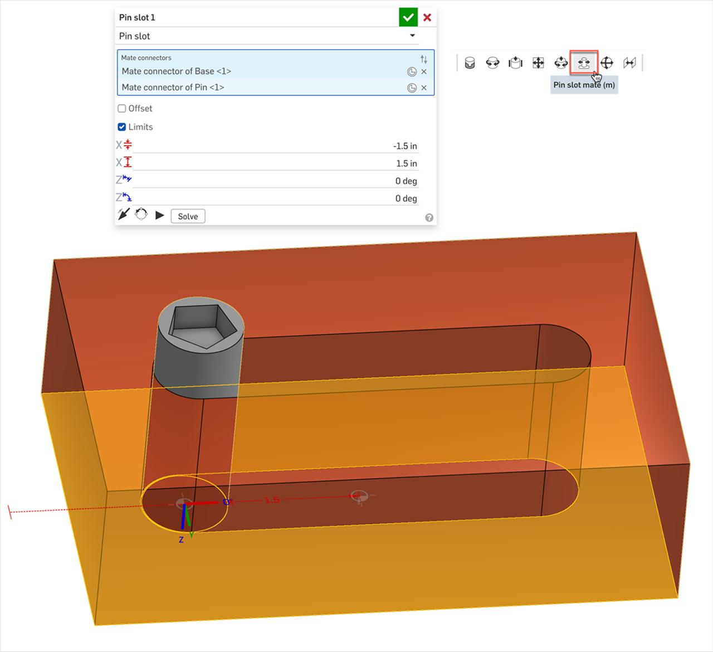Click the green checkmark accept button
click(x=408, y=17)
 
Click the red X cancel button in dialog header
click(x=427, y=17)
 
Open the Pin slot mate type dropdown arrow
click(x=412, y=36)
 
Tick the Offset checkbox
click(x=122, y=109)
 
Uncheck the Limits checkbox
click(x=122, y=127)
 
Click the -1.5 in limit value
click(x=404, y=146)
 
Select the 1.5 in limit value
click(x=406, y=163)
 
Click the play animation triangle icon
click(x=160, y=216)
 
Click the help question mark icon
click(x=429, y=218)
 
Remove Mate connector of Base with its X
click(x=424, y=72)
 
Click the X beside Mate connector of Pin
click(x=424, y=87)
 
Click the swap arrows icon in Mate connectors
click(x=424, y=59)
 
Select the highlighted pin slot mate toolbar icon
click(x=584, y=62)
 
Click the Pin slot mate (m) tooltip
click(x=584, y=85)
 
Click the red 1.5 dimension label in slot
click(x=272, y=500)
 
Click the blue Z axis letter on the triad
click(x=181, y=540)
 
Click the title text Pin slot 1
click(x=137, y=17)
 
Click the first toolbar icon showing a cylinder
click(x=470, y=63)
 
